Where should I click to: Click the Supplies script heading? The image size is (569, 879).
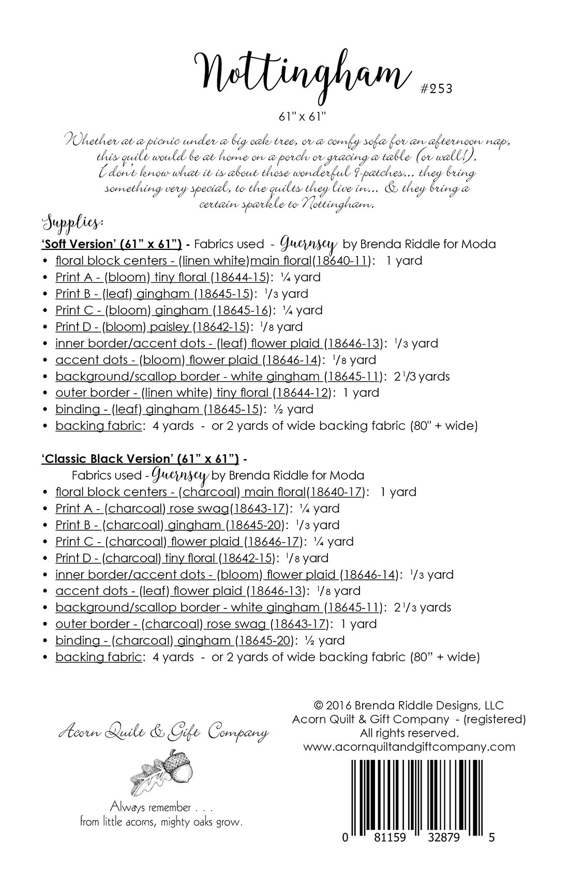72,224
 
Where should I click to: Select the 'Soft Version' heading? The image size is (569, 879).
111,244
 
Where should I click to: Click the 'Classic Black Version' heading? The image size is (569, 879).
140,458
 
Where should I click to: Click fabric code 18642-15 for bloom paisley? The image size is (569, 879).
221,327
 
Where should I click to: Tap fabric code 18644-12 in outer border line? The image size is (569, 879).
301,393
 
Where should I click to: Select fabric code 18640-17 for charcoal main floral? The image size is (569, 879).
336,492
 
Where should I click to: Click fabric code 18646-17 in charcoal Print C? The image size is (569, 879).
273,542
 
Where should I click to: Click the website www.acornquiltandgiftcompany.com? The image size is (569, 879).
409,747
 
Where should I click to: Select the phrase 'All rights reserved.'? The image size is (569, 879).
409,733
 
